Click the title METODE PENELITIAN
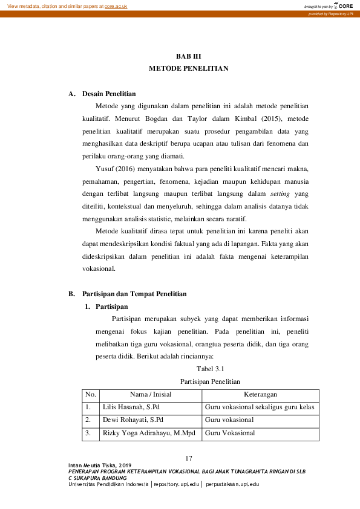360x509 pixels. [x=188, y=69]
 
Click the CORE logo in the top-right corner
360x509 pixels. [x=343, y=5]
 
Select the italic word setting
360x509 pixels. [x=280, y=194]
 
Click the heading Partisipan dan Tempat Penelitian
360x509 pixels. [x=134, y=294]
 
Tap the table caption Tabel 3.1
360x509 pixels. [x=211, y=368]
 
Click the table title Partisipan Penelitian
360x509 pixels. [x=211, y=381]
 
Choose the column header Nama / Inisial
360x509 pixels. [x=150, y=394]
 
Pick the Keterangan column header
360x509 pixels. [x=260, y=394]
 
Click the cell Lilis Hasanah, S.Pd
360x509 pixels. [x=131, y=407]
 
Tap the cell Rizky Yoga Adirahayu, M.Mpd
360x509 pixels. [x=145, y=433]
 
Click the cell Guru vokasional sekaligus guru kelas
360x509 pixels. [x=260, y=407]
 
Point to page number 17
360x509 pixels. [x=189, y=457]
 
